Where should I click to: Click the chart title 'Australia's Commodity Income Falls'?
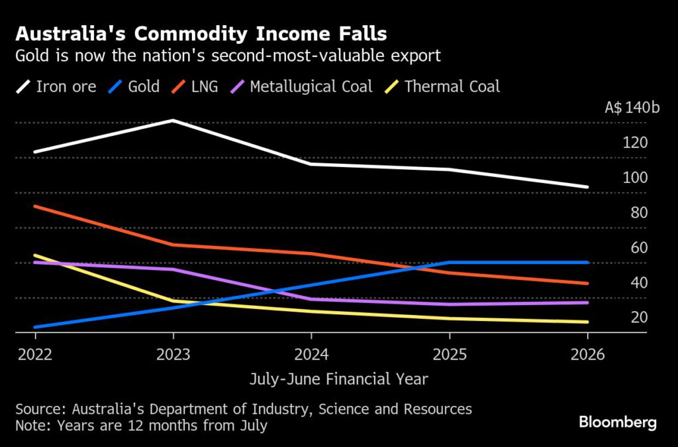coord(201,32)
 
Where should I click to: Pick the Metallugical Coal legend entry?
coord(311,86)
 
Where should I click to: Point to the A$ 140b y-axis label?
coord(632,107)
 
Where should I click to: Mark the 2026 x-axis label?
coord(588,354)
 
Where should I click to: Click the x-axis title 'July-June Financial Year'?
coord(338,379)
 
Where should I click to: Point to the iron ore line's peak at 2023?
coord(172,121)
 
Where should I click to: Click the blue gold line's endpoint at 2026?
coord(587,263)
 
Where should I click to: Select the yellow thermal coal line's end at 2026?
coord(587,322)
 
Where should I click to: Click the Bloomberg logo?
coord(617,422)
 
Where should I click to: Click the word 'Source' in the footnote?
coord(36,409)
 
